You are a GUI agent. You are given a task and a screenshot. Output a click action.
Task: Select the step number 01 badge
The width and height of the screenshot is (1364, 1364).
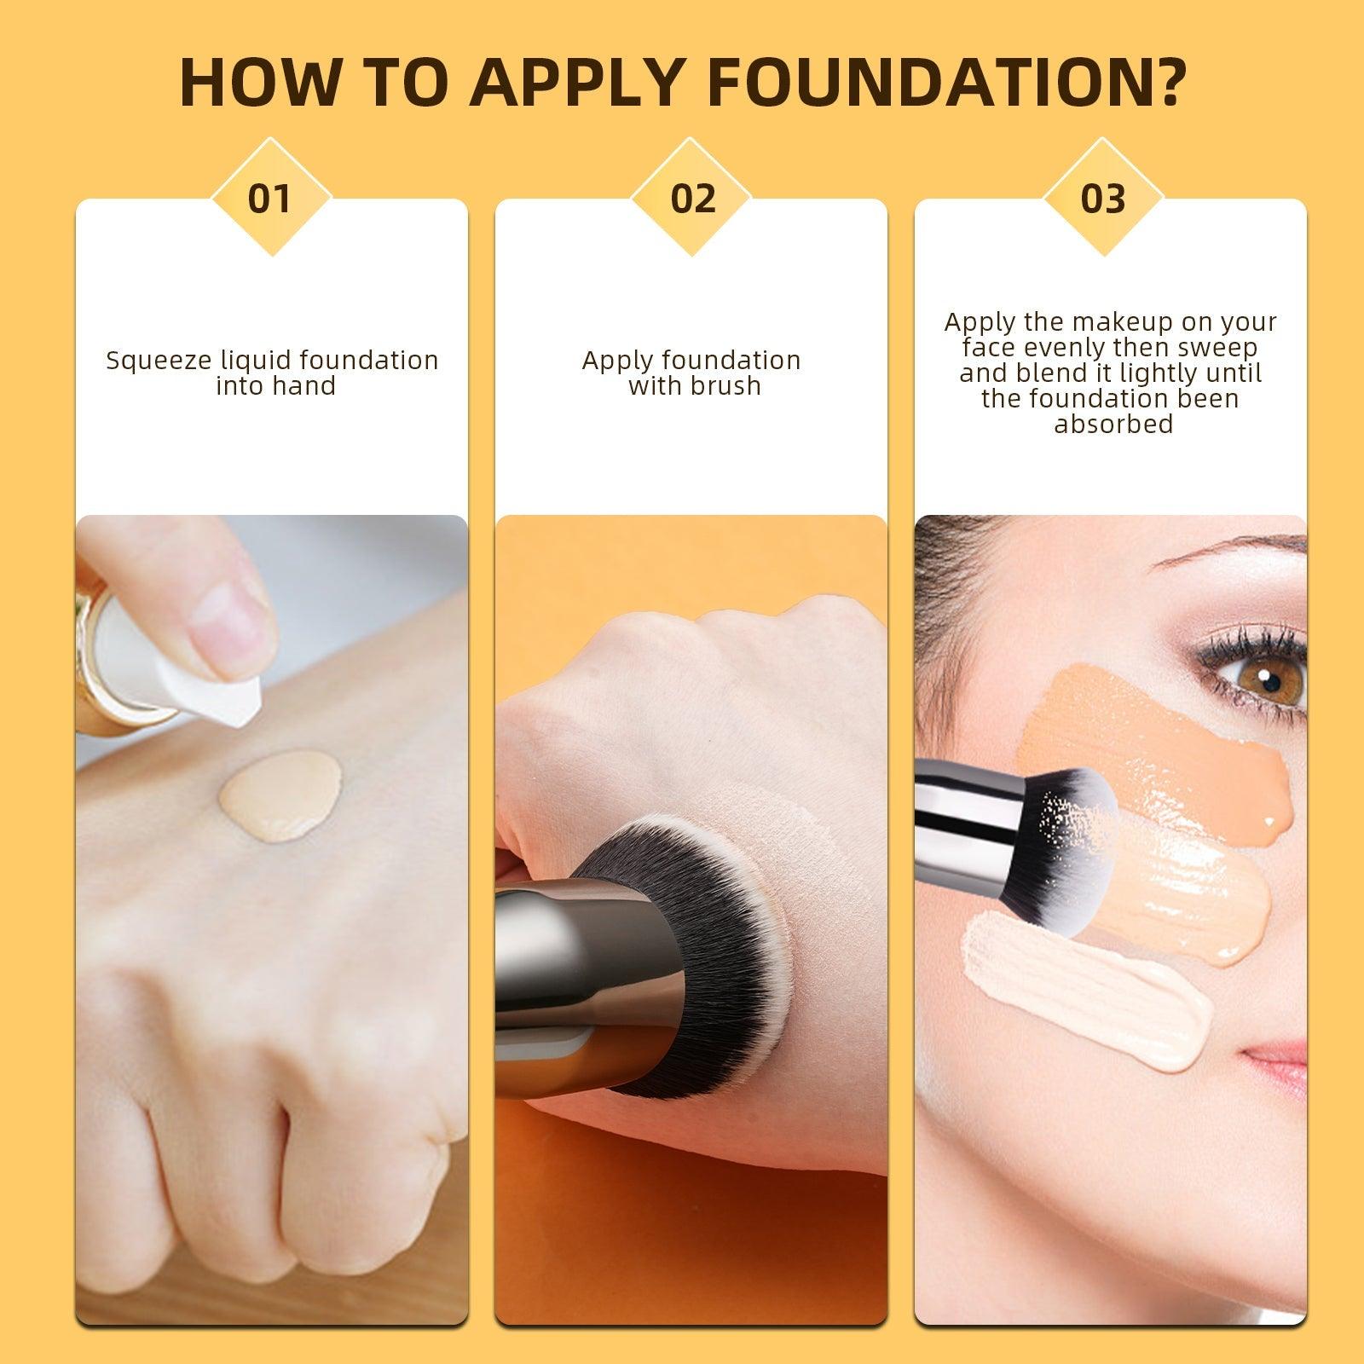point(269,198)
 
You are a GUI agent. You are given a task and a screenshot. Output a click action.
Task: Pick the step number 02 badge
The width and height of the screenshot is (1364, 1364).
point(692,198)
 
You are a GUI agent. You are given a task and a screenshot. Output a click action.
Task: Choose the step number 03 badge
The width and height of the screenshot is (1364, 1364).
point(1103,198)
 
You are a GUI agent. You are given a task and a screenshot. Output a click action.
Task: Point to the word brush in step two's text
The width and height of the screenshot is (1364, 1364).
point(726,386)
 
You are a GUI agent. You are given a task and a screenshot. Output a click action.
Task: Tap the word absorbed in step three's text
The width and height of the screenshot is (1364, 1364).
point(1113,424)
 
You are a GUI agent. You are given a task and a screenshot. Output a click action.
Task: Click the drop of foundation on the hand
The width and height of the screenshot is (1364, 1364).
point(280,794)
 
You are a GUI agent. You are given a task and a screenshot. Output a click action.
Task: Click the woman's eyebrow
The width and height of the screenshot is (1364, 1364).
point(1228,554)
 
